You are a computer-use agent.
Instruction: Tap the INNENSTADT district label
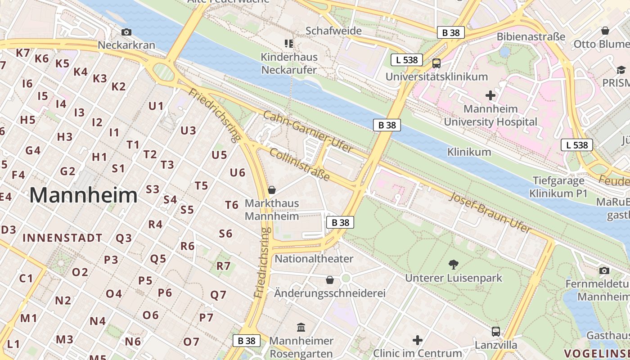pyautogui.click(x=63, y=238)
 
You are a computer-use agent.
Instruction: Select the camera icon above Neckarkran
pyautogui.click(x=126, y=32)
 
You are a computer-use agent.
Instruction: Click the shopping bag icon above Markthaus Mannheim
pyautogui.click(x=271, y=190)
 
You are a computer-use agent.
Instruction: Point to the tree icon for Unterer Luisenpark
pyautogui.click(x=454, y=264)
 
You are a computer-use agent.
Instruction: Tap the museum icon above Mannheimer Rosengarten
pyautogui.click(x=301, y=327)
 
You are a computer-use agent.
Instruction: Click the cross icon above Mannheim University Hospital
pyautogui.click(x=490, y=95)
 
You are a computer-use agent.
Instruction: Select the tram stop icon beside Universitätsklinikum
pyautogui.click(x=436, y=63)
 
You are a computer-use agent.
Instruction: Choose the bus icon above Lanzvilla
pyautogui.click(x=496, y=332)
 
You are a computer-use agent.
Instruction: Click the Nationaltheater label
pyautogui.click(x=314, y=259)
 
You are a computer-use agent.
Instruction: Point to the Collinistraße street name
pyautogui.click(x=300, y=165)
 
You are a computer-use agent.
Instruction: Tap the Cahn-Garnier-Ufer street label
pyautogui.click(x=308, y=131)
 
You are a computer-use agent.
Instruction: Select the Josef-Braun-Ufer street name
pyautogui.click(x=490, y=212)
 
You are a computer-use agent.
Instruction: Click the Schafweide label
pyautogui.click(x=333, y=31)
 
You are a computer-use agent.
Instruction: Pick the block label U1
pyautogui.click(x=156, y=106)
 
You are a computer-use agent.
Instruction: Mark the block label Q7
pyautogui.click(x=218, y=295)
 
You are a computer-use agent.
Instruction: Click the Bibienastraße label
pyautogui.click(x=531, y=36)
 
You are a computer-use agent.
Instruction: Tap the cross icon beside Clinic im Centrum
pyautogui.click(x=418, y=340)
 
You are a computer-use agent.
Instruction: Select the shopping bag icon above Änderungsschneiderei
pyautogui.click(x=330, y=280)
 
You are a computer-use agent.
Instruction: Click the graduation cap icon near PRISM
pyautogui.click(x=621, y=70)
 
